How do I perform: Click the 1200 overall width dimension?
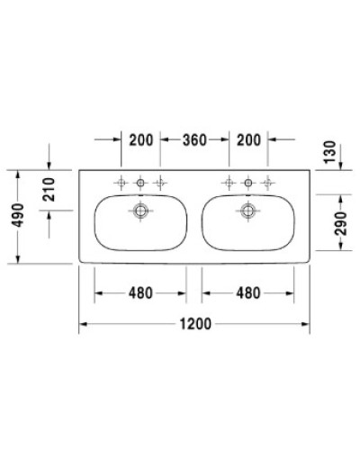click(x=194, y=325)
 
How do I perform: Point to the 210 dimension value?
click(x=50, y=191)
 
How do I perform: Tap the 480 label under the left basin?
click(x=139, y=292)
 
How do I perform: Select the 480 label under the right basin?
click(x=248, y=292)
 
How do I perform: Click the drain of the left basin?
click(x=140, y=212)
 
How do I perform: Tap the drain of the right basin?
click(x=248, y=212)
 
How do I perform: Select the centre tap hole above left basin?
click(x=140, y=183)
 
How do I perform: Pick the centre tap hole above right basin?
click(x=248, y=183)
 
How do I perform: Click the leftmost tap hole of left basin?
click(x=121, y=183)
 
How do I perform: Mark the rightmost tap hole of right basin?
click(x=268, y=183)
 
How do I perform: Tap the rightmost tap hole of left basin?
click(x=160, y=183)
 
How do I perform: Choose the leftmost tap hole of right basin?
click(x=229, y=183)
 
